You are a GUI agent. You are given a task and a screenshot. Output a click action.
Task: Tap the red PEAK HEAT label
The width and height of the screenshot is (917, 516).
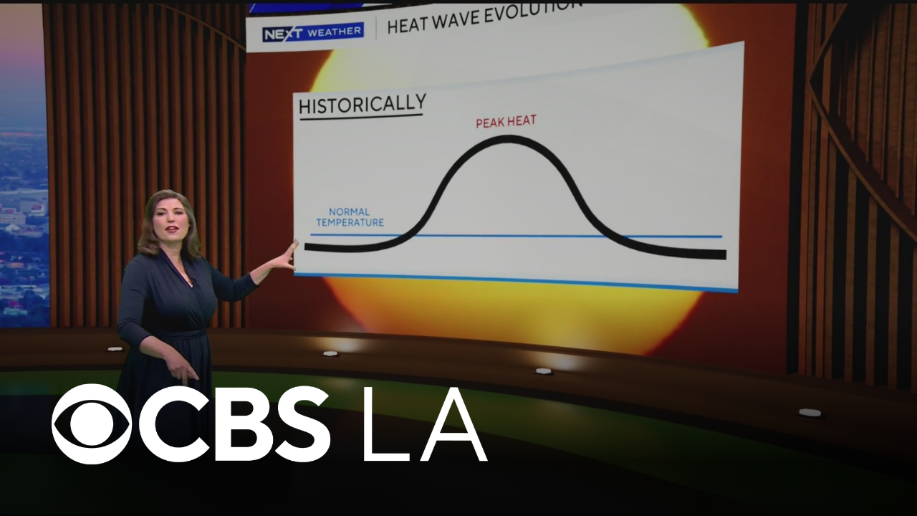click(506, 122)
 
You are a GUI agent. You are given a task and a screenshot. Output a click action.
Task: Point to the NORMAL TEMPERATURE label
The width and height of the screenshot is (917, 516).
click(350, 217)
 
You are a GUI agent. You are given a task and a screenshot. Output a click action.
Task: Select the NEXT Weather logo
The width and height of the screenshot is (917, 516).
click(313, 32)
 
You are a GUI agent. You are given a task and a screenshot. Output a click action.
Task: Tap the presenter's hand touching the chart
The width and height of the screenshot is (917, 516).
click(288, 254)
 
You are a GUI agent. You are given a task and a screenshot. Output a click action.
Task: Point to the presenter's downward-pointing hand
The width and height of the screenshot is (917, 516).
click(182, 368)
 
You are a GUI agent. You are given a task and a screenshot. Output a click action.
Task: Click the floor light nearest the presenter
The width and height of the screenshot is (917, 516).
click(115, 349)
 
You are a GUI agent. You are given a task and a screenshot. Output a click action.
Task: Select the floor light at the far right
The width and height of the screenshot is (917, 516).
click(810, 412)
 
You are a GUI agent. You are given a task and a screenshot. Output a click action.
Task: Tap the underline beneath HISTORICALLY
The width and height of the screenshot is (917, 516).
click(361, 118)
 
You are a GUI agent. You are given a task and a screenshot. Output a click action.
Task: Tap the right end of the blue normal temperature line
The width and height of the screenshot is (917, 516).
click(721, 236)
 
